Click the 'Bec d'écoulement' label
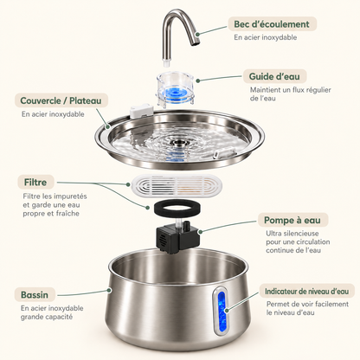[272, 24]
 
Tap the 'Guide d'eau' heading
[274, 76]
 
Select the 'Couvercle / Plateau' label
[61, 100]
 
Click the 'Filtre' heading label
[35, 183]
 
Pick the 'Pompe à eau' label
[292, 221]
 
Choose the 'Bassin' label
[35, 295]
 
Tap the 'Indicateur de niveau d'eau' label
[307, 292]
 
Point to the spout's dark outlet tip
[196, 42]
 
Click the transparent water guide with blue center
[176, 88]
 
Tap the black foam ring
[177, 209]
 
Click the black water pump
[177, 236]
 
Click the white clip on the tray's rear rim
[141, 111]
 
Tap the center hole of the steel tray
[177, 142]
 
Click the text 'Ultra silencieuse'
[292, 233]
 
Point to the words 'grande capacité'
[47, 317]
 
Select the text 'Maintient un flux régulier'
[291, 90]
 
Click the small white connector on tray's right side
[224, 151]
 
